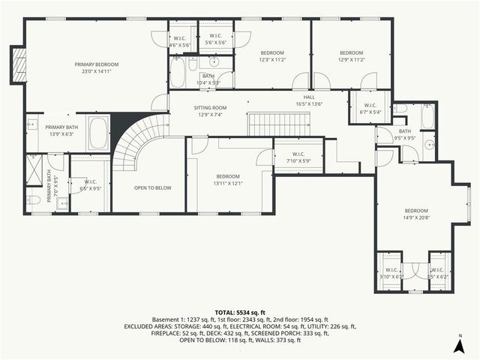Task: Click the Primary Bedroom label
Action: (x=97, y=68)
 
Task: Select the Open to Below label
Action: (x=148, y=187)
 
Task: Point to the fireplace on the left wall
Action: (x=18, y=65)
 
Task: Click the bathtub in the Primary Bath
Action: (x=98, y=133)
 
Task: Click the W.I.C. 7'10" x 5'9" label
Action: (x=298, y=157)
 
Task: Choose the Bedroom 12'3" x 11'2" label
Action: (x=271, y=56)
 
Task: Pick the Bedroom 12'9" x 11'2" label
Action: (x=351, y=56)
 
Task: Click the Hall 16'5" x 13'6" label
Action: (x=308, y=100)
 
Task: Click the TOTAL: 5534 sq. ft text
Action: (x=240, y=312)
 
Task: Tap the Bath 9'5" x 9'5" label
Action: (x=404, y=135)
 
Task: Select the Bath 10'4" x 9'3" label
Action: (x=207, y=79)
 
